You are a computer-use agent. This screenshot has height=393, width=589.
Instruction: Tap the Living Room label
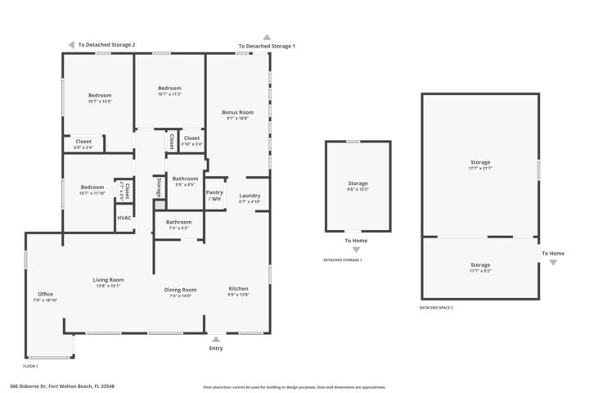point(108,280)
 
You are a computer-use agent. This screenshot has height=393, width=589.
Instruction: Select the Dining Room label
point(180,289)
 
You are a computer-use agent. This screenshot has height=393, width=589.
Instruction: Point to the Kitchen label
point(238,289)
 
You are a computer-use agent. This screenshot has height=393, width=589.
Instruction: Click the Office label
point(45,294)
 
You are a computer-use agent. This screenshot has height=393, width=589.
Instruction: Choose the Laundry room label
point(250,196)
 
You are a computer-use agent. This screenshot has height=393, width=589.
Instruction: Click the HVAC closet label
point(124,218)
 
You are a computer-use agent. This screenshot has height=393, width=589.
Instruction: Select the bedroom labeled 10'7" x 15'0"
point(100,96)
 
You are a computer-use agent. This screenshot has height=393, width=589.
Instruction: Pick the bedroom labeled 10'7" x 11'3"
point(169,88)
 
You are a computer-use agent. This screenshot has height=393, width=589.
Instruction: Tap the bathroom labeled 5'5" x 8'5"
point(185,178)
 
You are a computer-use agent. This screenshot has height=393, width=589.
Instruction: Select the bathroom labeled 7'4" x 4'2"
point(178,222)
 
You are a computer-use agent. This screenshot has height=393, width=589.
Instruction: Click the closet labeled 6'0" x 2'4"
point(83,142)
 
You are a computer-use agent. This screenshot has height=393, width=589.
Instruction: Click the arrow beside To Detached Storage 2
point(71,45)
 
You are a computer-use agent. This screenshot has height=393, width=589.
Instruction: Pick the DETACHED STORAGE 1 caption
point(343,260)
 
